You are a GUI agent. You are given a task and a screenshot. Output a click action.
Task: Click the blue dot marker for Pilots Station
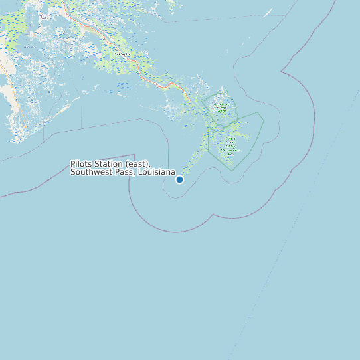point(179,179)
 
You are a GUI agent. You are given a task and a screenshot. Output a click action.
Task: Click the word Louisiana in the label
point(157,173)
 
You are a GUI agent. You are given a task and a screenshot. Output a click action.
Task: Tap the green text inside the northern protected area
point(219,106)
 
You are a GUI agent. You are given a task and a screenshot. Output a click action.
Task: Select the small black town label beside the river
point(121,53)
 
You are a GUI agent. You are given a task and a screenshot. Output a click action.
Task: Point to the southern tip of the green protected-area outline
point(232,170)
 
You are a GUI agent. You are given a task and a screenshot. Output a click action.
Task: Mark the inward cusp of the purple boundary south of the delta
point(211,216)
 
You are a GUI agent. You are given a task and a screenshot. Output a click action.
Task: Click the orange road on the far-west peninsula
point(20,113)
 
